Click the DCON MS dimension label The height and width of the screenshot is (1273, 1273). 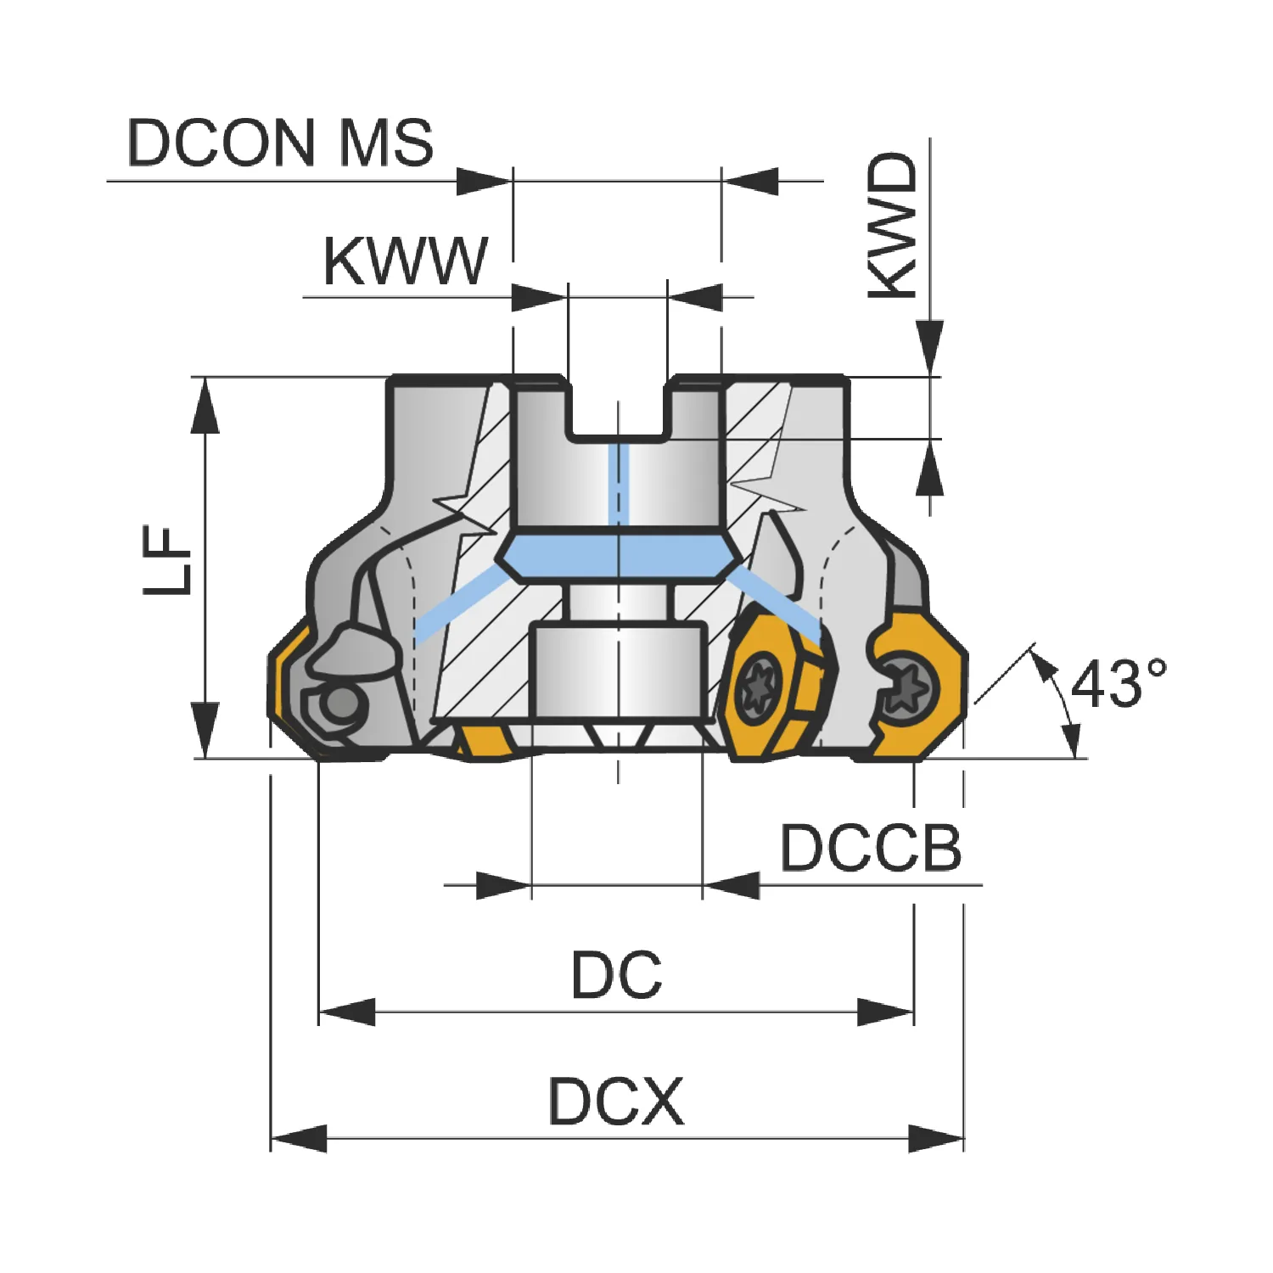[280, 142]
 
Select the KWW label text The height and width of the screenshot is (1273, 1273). [406, 261]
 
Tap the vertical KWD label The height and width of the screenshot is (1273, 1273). [894, 226]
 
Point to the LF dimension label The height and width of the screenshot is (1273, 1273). [168, 559]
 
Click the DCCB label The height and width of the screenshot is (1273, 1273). [871, 847]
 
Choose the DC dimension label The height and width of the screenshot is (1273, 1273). [616, 975]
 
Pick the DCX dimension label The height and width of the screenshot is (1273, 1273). [616, 1102]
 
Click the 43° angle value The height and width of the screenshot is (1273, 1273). [1119, 683]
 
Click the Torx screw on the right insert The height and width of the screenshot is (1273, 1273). [907, 685]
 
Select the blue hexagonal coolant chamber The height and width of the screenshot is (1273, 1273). [619, 558]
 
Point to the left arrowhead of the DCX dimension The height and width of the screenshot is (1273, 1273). [298, 1139]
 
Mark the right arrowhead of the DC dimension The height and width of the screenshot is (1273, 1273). [886, 1012]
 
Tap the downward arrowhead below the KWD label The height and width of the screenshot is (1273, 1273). [931, 348]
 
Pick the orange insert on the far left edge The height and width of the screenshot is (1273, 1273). [289, 687]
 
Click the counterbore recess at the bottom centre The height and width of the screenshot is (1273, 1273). [618, 670]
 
